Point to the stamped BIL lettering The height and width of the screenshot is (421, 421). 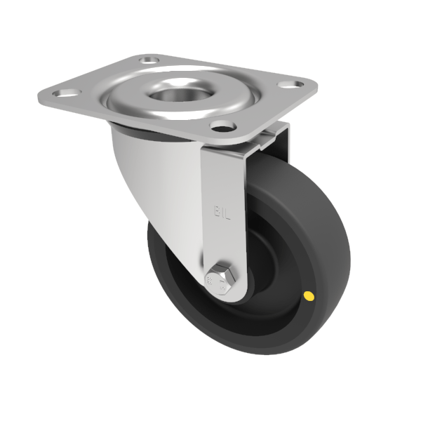(220, 209)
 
